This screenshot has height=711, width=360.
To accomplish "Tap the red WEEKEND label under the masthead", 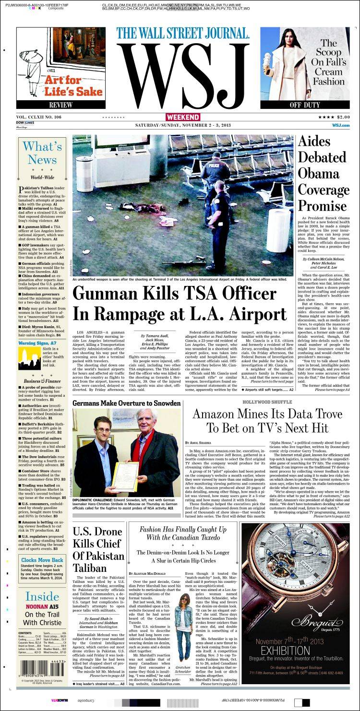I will [183, 117].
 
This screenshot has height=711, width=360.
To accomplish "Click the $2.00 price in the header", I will [343, 117].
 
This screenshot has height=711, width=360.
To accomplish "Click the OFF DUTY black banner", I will [305, 105].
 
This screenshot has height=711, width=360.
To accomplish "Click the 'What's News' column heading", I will [42, 153].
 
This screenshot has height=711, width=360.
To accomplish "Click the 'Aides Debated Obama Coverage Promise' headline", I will [324, 173].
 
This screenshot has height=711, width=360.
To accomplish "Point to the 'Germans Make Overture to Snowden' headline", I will [126, 403].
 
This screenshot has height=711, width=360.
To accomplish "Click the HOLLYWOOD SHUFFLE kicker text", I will [267, 401].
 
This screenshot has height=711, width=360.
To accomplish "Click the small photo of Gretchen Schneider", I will [183, 626].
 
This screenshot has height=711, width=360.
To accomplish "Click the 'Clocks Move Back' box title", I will [42, 560].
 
